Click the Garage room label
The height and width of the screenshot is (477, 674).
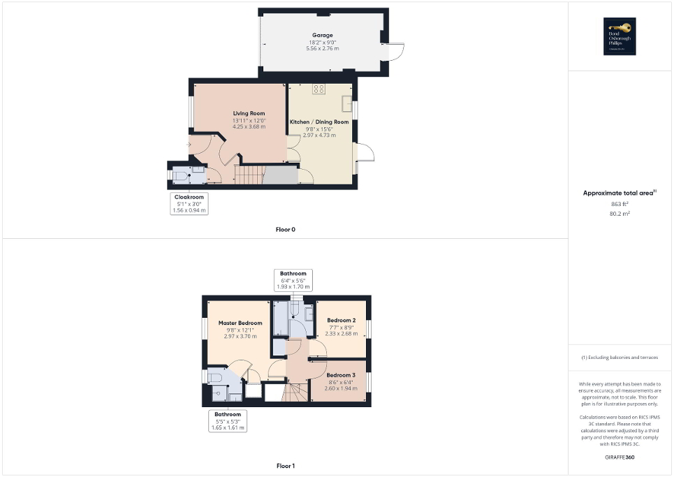click(323, 35)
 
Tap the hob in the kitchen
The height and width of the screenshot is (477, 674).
click(318, 89)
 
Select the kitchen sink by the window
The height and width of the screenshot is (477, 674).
click(346, 103)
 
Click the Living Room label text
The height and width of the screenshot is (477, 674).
click(249, 113)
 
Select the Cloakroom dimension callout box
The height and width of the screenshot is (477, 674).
click(189, 203)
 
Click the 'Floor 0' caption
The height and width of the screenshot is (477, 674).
click(286, 229)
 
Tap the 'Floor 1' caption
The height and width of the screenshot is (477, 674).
click(286, 465)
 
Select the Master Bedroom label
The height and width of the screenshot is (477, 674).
click(240, 323)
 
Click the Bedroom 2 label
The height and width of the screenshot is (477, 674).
click(342, 321)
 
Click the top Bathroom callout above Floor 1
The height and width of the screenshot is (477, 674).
click(293, 279)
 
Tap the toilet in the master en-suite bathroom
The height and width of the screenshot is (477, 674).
click(217, 378)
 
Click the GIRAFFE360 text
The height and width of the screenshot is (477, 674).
click(620, 457)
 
